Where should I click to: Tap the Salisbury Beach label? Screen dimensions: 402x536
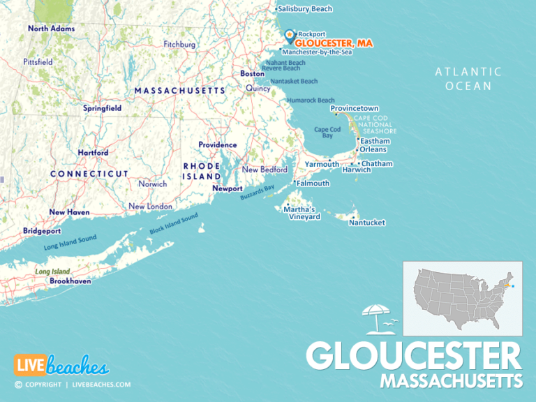click(305, 9)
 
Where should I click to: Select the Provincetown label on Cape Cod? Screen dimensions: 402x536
click(355, 109)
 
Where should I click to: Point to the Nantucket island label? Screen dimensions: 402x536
click(367, 223)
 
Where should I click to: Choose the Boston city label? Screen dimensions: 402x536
click(252, 73)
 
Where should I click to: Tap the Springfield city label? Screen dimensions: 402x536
click(103, 108)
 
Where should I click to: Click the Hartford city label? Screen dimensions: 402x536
click(93, 152)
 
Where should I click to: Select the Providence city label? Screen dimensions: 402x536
click(217, 144)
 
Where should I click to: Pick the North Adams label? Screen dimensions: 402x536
click(52, 29)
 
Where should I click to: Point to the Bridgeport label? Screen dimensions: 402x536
click(42, 230)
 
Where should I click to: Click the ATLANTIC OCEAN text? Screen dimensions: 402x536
click(468, 79)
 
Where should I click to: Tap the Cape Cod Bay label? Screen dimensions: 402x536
click(327, 133)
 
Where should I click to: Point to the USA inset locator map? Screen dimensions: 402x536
click(462, 298)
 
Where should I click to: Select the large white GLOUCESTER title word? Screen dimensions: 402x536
click(414, 356)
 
